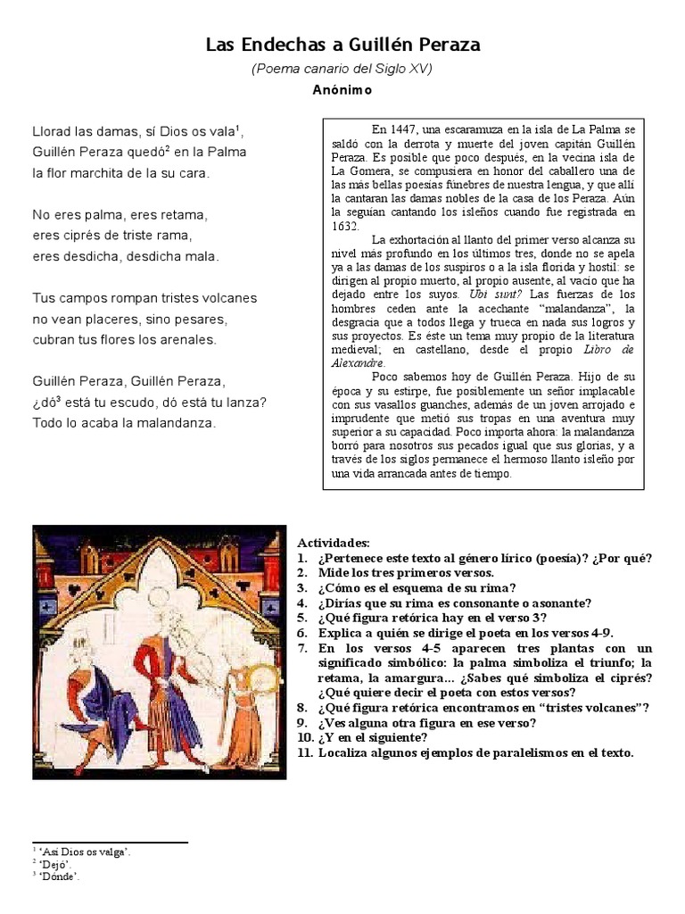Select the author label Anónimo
pyautogui.click(x=342, y=90)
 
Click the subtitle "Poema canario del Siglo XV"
pyautogui.click(x=342, y=69)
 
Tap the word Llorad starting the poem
pyautogui.click(x=53, y=131)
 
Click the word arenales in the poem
pyautogui.click(x=185, y=339)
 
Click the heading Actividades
pyautogui.click(x=333, y=544)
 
